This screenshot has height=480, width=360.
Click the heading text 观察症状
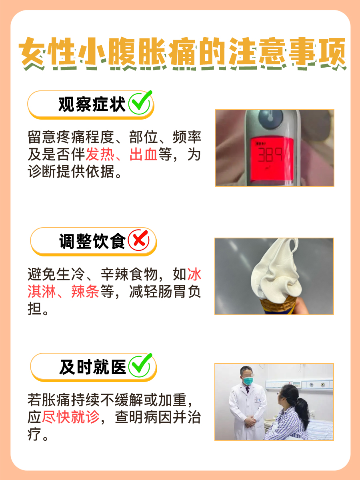point(92,105)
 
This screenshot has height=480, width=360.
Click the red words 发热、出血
point(122,154)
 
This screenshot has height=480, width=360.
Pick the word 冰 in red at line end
point(195,274)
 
